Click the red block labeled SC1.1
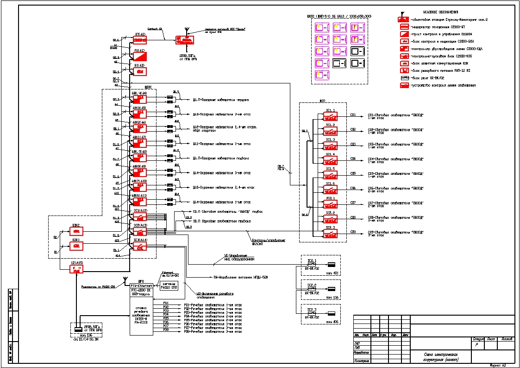coord(330,116)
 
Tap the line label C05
coord(353,173)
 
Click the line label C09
coord(353,232)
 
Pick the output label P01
coord(166,303)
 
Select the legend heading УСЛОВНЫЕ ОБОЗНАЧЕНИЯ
coord(440,12)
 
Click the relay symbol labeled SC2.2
coord(311,290)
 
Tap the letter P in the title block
coord(476,345)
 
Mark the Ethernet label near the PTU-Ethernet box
coord(167,273)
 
